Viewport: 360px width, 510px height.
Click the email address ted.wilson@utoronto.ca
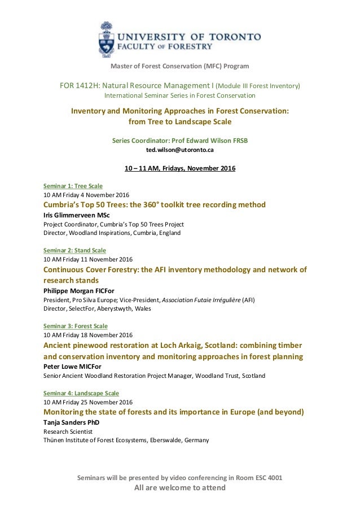(x=179, y=150)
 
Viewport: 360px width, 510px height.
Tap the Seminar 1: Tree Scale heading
(x=73, y=185)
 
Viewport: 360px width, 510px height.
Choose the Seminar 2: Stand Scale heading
(x=74, y=250)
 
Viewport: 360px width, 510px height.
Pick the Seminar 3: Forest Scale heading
(x=75, y=326)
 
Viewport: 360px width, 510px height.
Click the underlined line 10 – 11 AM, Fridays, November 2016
(x=179, y=168)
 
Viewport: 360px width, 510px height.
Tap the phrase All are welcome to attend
(x=179, y=488)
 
